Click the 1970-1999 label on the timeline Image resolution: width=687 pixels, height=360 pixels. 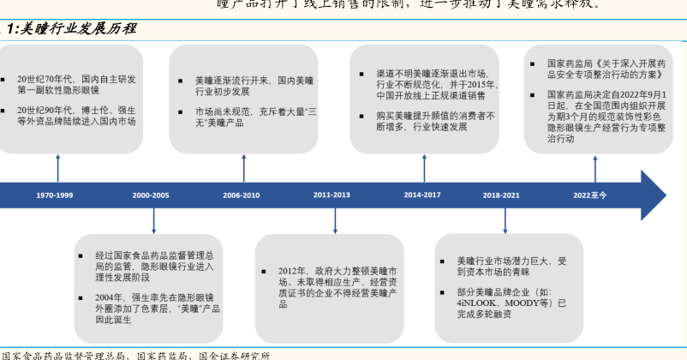(54, 195)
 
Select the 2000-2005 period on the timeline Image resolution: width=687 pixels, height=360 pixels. (151, 195)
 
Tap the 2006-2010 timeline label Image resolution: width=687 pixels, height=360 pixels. (241, 195)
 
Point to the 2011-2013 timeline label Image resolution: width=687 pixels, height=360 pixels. (332, 195)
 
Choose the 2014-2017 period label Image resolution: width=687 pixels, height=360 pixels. (422, 195)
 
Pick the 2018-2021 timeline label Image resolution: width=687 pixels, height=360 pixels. (501, 195)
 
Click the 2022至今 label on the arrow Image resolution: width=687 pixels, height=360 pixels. (590, 195)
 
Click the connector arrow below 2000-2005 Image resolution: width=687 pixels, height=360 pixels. (153, 219)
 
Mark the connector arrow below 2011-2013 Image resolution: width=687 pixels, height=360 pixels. (334, 219)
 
